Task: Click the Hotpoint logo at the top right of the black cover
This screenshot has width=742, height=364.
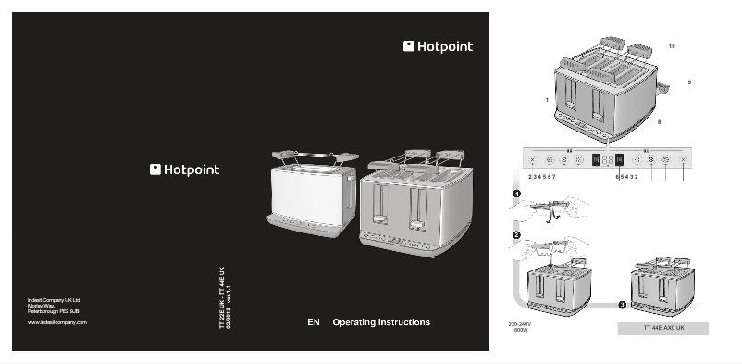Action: point(438,46)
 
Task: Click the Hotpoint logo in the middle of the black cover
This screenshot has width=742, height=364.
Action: point(185,169)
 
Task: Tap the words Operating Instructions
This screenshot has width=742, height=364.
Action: point(381,322)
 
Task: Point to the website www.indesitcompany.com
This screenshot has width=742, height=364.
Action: point(56,321)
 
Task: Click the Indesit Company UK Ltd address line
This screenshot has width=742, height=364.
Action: point(54,300)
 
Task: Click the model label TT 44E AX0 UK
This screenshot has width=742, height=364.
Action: point(662,328)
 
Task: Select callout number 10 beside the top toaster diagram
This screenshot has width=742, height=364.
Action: point(672,45)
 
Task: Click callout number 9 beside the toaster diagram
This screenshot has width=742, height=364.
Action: point(689,82)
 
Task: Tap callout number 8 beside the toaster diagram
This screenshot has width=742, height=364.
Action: point(659,121)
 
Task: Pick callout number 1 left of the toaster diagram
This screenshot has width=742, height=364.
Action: point(547,99)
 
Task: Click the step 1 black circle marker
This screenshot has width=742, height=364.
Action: point(516,194)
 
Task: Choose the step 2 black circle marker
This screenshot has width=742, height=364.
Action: point(516,235)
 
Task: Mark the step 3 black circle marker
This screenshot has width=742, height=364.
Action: point(622,304)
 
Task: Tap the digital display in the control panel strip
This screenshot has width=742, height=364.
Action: point(607,159)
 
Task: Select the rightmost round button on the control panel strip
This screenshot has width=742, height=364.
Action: point(683,159)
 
